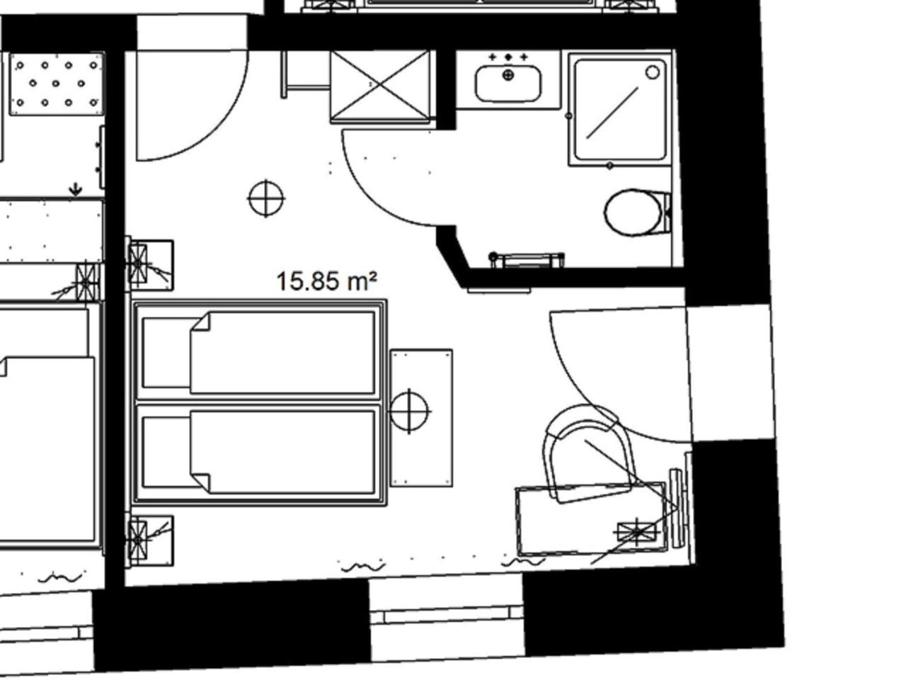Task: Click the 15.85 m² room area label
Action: coord(326,281)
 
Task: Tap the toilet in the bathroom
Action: coord(637,212)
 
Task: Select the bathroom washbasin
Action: coord(508,84)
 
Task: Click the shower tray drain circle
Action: coord(652,73)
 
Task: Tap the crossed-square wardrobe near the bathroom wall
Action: coord(380,86)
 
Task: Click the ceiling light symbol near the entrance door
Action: coord(266,198)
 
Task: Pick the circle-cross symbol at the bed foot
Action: coord(409,412)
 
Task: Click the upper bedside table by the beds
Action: coord(149,264)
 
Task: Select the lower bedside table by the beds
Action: coord(149,541)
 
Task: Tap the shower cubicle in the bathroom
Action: coord(620,109)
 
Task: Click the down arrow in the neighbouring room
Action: coord(75,190)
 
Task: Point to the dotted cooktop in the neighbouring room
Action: coord(57,84)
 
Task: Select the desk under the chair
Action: coord(592,520)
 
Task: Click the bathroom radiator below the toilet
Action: coord(527,260)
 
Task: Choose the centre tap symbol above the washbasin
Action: coord(508,57)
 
